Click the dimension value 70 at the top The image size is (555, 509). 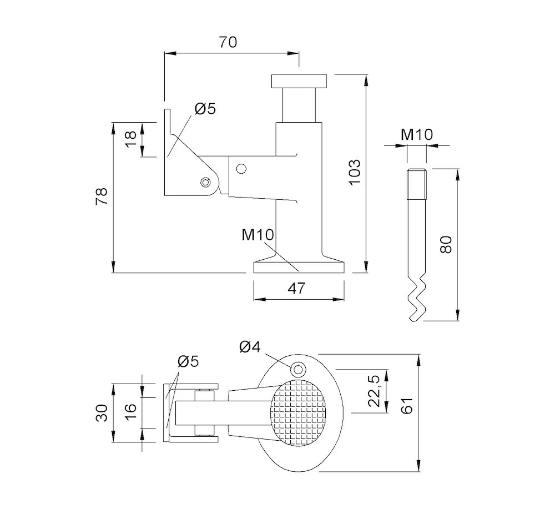coord(228,42)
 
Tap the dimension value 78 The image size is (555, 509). coord(102,197)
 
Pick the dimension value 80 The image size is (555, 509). coord(446,244)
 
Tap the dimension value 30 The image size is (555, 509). coord(102,412)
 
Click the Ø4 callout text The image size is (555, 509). coord(250,347)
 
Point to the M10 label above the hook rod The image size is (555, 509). coord(417,134)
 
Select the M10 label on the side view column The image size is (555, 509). coord(258,235)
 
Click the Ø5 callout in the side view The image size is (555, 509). coord(205,109)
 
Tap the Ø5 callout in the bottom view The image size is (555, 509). coord(188,361)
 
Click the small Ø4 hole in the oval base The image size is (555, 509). coord(298,369)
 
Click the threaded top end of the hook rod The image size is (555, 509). coord(416,184)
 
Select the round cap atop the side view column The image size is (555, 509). coord(300,81)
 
